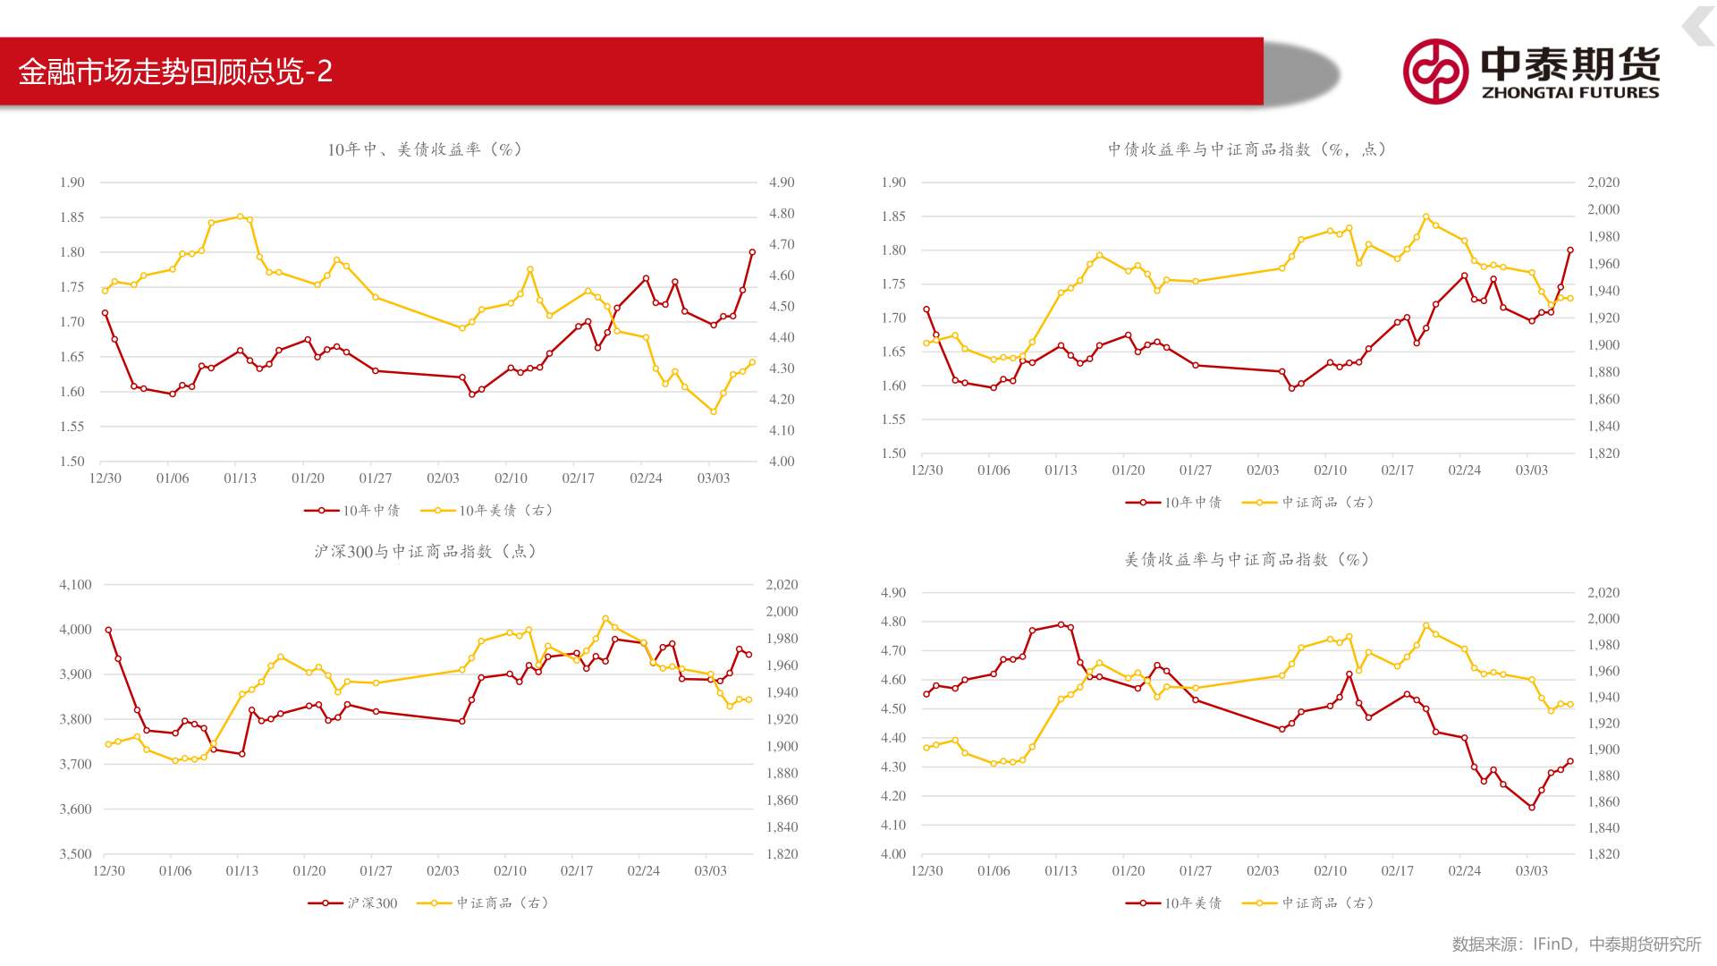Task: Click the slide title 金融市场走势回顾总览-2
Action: click(x=175, y=72)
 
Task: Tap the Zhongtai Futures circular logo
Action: click(x=1435, y=72)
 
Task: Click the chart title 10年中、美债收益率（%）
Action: click(x=425, y=149)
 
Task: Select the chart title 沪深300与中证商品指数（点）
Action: click(x=426, y=552)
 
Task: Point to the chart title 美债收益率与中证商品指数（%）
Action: click(x=1247, y=560)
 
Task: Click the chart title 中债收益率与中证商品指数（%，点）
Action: click(x=1247, y=149)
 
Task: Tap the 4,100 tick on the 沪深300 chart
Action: click(x=76, y=585)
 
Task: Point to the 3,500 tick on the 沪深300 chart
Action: click(x=76, y=854)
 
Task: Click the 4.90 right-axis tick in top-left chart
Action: click(x=782, y=182)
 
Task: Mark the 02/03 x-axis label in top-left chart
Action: click(x=443, y=479)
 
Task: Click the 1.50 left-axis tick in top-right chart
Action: click(x=893, y=453)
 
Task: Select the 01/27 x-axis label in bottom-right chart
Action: click(x=1196, y=871)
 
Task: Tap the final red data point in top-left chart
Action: click(x=752, y=252)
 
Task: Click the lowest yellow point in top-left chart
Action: click(x=714, y=411)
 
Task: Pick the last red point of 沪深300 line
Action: click(x=749, y=655)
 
